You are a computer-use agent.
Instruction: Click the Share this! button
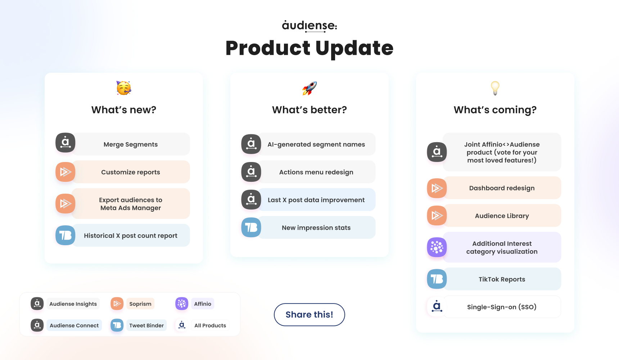pyautogui.click(x=309, y=315)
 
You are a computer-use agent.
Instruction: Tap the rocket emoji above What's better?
pyautogui.click(x=309, y=88)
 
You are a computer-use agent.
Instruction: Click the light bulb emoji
pyautogui.click(x=495, y=88)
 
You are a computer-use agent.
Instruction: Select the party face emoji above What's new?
pyautogui.click(x=124, y=88)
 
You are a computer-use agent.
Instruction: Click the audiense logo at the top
pyautogui.click(x=309, y=26)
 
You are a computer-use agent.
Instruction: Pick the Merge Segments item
pyautogui.click(x=131, y=144)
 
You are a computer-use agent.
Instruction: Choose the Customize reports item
pyautogui.click(x=131, y=172)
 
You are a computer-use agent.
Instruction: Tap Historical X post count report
pyautogui.click(x=131, y=235)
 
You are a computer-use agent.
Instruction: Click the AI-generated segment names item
pyautogui.click(x=316, y=144)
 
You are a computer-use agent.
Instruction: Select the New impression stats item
pyautogui.click(x=316, y=228)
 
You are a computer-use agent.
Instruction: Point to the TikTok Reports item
pyautogui.click(x=502, y=279)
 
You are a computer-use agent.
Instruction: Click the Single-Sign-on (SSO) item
pyautogui.click(x=502, y=307)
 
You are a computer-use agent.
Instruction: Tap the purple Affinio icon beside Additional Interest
pyautogui.click(x=437, y=247)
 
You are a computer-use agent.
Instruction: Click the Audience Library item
pyautogui.click(x=502, y=216)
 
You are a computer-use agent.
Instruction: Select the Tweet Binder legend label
pyautogui.click(x=146, y=325)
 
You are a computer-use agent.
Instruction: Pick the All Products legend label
pyautogui.click(x=210, y=325)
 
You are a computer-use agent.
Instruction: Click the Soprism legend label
pyautogui.click(x=140, y=304)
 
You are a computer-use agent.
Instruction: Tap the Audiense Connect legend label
pyautogui.click(x=74, y=325)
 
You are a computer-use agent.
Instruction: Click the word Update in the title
pyautogui.click(x=354, y=49)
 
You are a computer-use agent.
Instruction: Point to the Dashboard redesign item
pyautogui.click(x=502, y=188)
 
